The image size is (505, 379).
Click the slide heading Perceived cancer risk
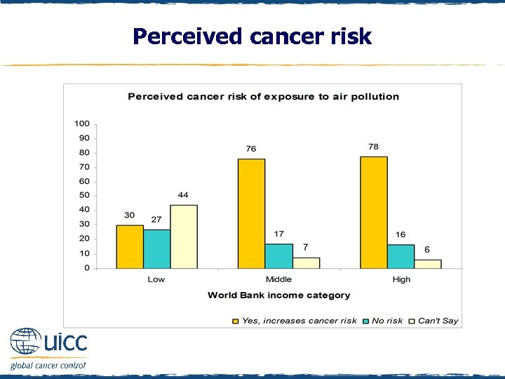click(252, 36)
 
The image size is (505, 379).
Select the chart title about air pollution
click(263, 96)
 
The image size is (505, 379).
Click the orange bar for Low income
click(130, 246)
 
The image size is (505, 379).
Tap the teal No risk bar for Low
click(156, 248)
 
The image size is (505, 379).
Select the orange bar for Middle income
click(251, 213)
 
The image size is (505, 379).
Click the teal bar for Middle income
click(278, 255)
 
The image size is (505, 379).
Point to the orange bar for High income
click(373, 212)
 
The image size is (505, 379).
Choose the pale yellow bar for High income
click(427, 264)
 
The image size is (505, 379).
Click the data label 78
click(373, 147)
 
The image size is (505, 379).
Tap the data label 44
click(183, 194)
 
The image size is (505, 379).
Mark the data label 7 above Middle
click(305, 248)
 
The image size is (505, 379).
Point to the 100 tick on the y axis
click(82, 124)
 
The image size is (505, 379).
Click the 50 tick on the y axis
click(83, 195)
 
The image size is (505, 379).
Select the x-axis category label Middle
click(278, 279)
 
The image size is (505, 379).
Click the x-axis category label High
click(401, 279)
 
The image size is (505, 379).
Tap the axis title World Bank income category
click(278, 295)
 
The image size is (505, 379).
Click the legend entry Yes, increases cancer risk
click(295, 321)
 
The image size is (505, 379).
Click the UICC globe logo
click(25, 343)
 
